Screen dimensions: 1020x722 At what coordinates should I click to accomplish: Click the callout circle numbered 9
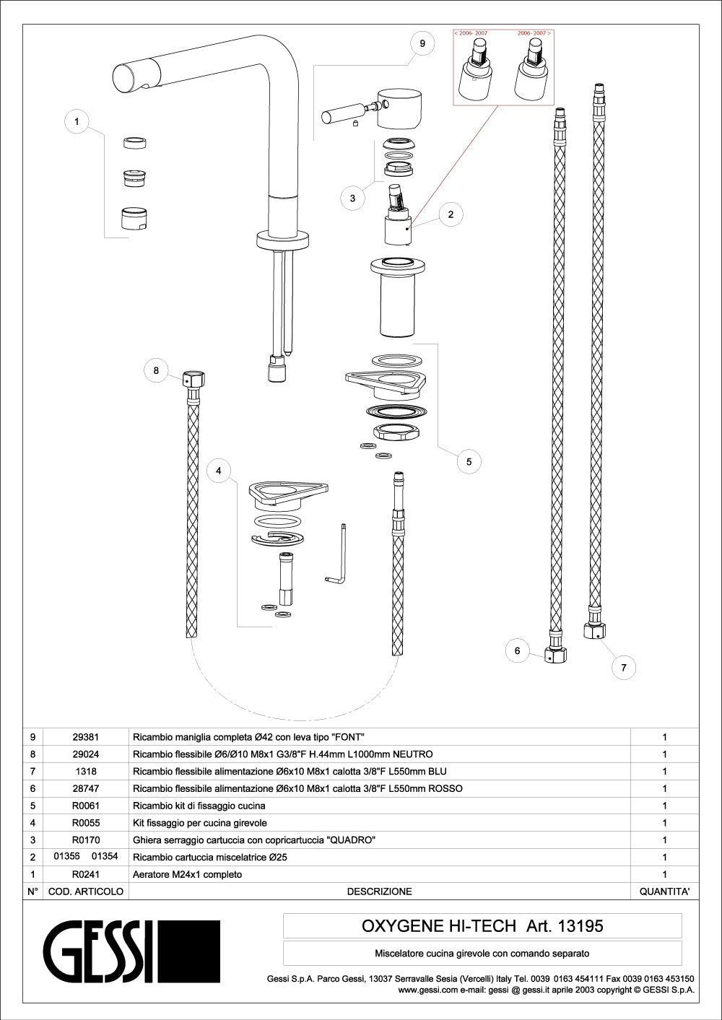(x=422, y=43)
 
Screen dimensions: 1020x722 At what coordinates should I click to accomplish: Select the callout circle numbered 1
(x=77, y=121)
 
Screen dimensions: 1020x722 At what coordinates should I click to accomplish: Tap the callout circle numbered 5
(x=469, y=461)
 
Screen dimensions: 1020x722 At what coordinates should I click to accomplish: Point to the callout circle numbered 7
(x=624, y=668)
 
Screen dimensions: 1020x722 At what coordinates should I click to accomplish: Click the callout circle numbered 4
(x=219, y=471)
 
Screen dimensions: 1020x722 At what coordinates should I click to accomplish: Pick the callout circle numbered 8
(x=156, y=371)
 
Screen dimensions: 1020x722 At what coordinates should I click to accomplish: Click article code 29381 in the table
(x=86, y=737)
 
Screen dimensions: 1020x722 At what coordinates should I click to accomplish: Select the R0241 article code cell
(x=86, y=874)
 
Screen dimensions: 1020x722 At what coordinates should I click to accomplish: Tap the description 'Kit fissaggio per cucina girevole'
(x=200, y=823)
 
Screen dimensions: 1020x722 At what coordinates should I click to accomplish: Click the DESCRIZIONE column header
(x=379, y=892)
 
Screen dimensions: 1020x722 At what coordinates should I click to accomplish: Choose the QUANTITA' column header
(x=664, y=892)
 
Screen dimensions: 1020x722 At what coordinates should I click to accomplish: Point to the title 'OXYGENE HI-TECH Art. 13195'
(x=482, y=926)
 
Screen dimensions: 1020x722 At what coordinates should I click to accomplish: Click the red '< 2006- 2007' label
(x=471, y=33)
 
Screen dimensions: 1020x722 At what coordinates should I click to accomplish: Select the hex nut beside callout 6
(x=555, y=655)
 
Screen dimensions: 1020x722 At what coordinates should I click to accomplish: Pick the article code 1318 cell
(x=86, y=772)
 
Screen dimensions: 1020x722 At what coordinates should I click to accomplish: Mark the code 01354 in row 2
(x=105, y=857)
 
